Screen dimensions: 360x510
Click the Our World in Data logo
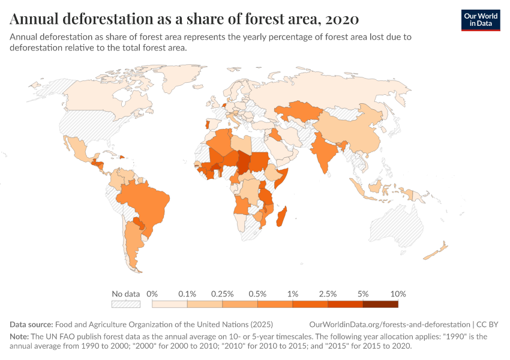(480, 19)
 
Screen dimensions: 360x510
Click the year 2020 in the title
(343, 19)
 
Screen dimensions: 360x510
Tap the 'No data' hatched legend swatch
(126, 304)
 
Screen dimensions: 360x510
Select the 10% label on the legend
(398, 294)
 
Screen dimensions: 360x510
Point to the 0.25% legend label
(221, 294)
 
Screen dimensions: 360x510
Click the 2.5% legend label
(328, 294)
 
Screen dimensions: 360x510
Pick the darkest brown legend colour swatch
(380, 304)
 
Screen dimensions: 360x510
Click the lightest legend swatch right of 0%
(170, 304)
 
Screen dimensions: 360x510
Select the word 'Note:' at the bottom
(21, 337)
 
